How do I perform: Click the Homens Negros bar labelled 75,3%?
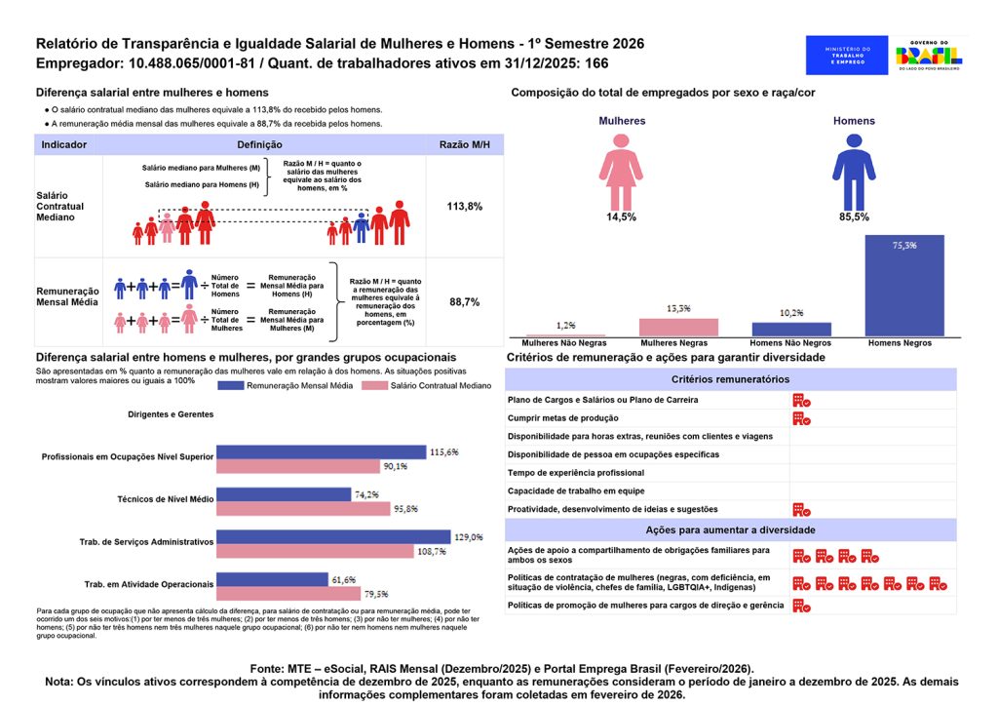(x=903, y=287)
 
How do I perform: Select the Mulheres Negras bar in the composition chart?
(x=678, y=328)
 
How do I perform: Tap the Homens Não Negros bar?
(x=790, y=330)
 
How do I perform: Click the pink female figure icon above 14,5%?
(x=621, y=170)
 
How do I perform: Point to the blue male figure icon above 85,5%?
(x=854, y=171)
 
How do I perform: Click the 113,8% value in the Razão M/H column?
(x=464, y=207)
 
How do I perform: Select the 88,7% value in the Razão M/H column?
(x=464, y=302)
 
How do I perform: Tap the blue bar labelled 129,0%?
(x=333, y=537)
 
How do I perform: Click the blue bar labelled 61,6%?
(x=272, y=579)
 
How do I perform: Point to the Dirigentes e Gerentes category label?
(x=171, y=414)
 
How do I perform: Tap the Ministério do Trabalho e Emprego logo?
(x=847, y=56)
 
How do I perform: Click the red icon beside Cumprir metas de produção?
(x=801, y=418)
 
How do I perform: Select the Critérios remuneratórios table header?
(x=731, y=378)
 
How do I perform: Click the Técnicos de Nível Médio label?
(x=165, y=498)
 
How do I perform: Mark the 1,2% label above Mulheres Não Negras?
(x=566, y=325)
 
